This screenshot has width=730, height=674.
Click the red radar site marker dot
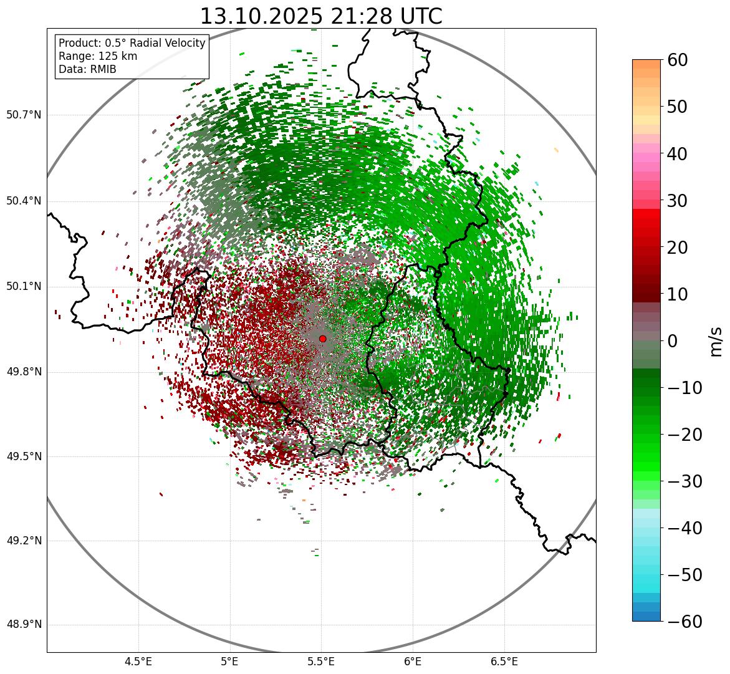tap(322, 339)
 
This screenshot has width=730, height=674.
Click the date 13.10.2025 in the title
tap(261, 16)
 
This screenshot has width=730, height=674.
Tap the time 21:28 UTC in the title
tap(387, 16)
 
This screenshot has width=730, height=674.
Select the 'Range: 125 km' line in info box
tap(98, 56)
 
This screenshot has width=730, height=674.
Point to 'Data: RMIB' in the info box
tap(87, 69)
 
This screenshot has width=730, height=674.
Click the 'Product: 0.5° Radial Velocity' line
tap(132, 43)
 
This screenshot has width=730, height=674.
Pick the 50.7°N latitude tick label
tap(24, 115)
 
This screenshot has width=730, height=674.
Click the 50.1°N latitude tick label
tap(24, 287)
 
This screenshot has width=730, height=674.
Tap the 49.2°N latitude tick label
tap(24, 541)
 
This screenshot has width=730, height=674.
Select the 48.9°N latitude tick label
tap(24, 625)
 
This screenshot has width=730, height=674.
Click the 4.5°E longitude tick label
tap(138, 661)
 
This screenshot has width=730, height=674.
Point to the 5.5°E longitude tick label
tap(321, 661)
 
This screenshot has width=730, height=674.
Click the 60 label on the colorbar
tap(678, 60)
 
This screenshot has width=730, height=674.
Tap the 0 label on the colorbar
tap(673, 341)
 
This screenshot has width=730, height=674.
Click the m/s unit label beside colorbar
tap(717, 341)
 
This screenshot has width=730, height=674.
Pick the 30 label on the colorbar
tap(678, 201)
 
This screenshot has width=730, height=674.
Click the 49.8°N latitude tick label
tap(24, 372)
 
